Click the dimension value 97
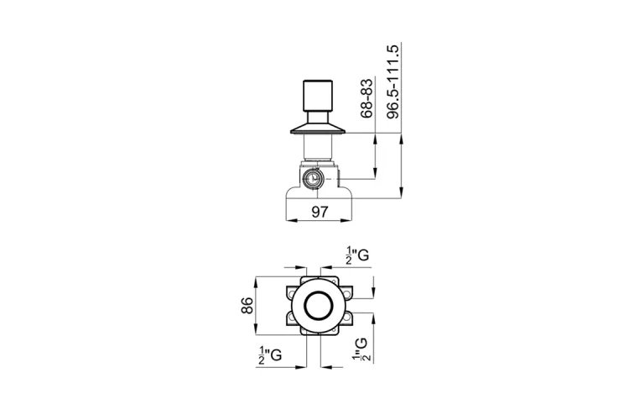[320, 212]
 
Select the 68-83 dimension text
[366, 98]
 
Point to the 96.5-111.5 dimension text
[393, 81]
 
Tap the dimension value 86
[247, 306]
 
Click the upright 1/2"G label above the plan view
[357, 255]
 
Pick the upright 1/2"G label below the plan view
[270, 354]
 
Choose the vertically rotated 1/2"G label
[361, 349]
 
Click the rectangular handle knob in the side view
[317, 97]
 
